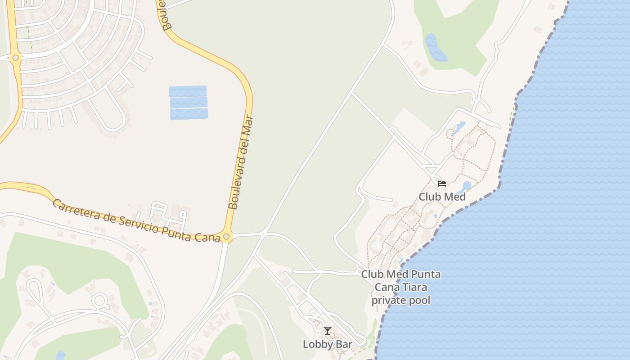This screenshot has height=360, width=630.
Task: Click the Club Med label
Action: [442, 197]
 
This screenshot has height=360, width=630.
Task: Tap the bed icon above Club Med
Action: [441, 183]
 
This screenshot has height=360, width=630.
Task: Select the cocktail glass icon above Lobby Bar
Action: [328, 331]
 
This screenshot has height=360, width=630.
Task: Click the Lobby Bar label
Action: [327, 344]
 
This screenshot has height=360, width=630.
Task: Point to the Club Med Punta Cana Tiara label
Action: [400, 287]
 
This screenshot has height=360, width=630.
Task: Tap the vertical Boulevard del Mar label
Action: [241, 163]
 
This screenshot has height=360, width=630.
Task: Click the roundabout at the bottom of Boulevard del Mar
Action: [226, 237]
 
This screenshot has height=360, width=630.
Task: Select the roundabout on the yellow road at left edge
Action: [16, 58]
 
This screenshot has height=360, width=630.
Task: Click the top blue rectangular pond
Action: [188, 91]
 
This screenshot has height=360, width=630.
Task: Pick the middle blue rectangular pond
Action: [189, 103]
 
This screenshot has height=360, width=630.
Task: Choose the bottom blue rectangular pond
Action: [189, 114]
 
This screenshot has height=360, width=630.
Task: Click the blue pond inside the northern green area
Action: [435, 47]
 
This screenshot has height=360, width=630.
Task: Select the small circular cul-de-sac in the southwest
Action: [99, 300]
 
